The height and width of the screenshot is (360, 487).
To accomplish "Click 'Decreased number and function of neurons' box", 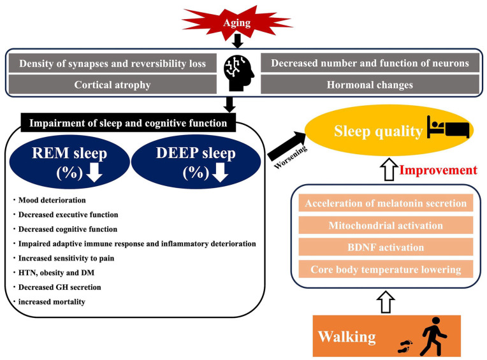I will tap(370, 64).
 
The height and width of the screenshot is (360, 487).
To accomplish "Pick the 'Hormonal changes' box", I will tap(370, 84).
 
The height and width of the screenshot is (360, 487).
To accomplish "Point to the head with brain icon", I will tap(238, 74).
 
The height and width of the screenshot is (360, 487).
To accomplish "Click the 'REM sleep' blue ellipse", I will tap(69, 163).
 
